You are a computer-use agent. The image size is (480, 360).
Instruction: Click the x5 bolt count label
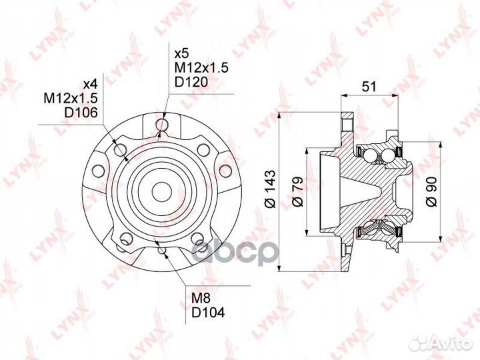coord(182,54)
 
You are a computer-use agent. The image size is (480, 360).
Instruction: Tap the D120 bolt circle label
coord(191,82)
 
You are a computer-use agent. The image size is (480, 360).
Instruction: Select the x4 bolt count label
coord(90,84)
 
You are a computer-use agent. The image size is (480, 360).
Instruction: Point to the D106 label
coord(81,113)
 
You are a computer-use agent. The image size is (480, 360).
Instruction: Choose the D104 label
coord(208,312)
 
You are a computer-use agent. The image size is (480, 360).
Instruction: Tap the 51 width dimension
coord(369,87)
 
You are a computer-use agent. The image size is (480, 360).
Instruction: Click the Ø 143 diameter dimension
coord(271,189)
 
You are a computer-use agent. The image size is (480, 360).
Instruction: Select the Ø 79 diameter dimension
coord(297,191)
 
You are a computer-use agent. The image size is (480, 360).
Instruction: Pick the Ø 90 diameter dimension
coord(431,191)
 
